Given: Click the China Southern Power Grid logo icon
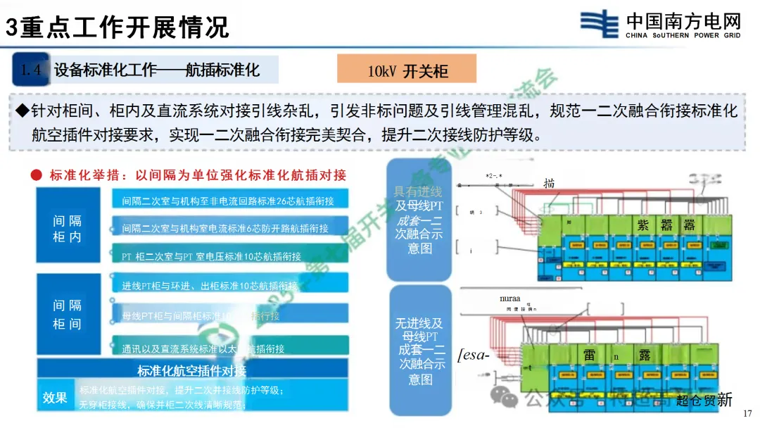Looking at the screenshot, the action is click(x=600, y=24).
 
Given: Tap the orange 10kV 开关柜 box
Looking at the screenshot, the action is click(x=407, y=70).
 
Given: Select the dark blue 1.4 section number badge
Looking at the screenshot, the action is click(x=30, y=69).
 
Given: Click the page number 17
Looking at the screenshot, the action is click(x=747, y=413).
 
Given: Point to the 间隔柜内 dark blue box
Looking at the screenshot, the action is click(x=68, y=229).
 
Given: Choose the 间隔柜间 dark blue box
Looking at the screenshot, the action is click(x=68, y=314).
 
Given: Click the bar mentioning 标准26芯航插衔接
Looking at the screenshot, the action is click(x=228, y=201).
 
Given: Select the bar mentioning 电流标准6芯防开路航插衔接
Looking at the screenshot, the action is click(x=228, y=228).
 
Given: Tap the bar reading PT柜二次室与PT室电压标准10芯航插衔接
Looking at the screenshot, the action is click(x=228, y=256).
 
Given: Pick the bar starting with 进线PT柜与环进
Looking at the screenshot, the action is click(x=228, y=286).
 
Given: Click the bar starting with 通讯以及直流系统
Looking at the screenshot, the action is click(x=228, y=348).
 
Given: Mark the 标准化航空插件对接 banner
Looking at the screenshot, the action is click(x=191, y=371).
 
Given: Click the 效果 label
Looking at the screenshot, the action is click(x=55, y=398).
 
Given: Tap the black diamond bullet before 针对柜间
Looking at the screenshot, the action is click(x=22, y=111).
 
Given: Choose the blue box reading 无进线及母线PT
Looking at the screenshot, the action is click(x=419, y=351).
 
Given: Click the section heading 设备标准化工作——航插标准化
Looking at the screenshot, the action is click(x=157, y=69).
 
